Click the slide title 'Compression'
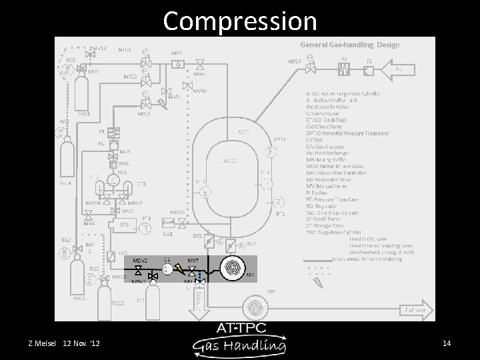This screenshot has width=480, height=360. coord(240,21)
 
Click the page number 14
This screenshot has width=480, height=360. coord(447,343)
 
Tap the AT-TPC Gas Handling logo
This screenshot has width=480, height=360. coord(240,339)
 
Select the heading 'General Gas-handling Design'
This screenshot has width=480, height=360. coord(350,45)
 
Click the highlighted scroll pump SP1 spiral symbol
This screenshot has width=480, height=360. coord(233,267)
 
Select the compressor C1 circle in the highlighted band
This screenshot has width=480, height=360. coord(167,268)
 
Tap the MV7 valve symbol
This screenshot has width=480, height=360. coord(193,269)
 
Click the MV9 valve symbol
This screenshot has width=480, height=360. coord(200,65)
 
